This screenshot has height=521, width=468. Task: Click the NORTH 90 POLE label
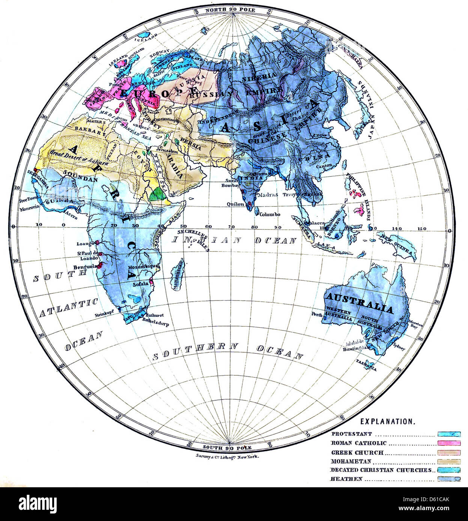pyautogui.click(x=230, y=10)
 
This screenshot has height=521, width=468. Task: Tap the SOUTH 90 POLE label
pyautogui.click(x=227, y=448)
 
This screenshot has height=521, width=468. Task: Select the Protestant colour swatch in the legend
pyautogui.click(x=449, y=434)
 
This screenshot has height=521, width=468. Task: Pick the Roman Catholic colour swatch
pyautogui.click(x=449, y=443)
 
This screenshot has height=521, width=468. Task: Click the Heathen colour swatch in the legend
pyautogui.click(x=449, y=479)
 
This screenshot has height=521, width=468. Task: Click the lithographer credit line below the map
pyautogui.click(x=227, y=457)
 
